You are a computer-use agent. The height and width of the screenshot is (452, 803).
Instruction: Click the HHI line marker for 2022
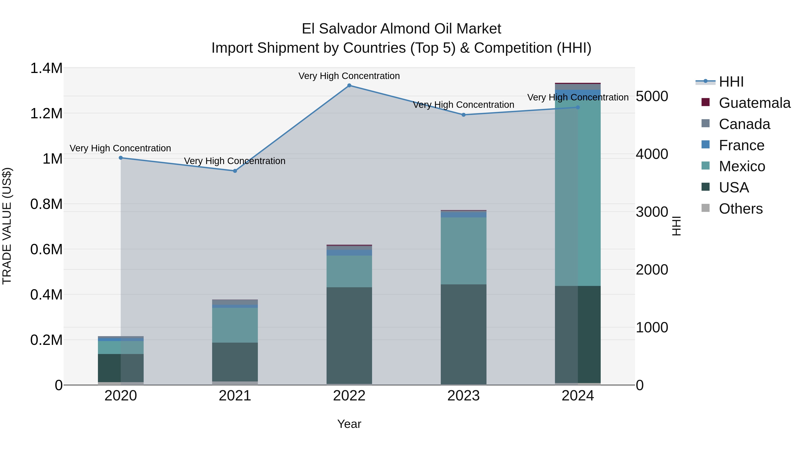click(349, 85)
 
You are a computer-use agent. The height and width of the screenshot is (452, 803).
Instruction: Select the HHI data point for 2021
click(235, 171)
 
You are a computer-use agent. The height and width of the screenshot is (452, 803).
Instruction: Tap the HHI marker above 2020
click(121, 158)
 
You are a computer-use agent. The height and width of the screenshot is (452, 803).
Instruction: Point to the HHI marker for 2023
click(464, 115)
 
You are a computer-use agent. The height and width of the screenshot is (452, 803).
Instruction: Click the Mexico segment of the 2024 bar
click(578, 193)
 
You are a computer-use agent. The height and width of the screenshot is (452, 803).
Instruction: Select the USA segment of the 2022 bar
click(349, 335)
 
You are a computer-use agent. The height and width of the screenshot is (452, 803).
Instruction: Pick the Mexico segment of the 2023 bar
click(464, 251)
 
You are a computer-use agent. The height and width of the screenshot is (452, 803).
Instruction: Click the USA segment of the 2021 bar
click(235, 362)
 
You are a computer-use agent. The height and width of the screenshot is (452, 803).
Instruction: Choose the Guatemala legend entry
click(754, 103)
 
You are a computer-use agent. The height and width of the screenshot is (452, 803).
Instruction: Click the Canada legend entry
click(744, 124)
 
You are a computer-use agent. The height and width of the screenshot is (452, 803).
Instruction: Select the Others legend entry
click(740, 209)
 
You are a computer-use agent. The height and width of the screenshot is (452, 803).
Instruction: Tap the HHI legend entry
click(731, 82)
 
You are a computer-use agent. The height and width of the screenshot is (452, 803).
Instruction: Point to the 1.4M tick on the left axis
click(46, 68)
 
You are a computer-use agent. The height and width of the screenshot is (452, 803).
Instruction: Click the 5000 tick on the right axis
click(652, 96)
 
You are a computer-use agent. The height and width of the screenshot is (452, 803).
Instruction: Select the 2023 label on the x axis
click(464, 396)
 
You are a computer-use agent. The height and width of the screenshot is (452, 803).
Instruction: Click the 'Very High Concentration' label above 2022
click(349, 76)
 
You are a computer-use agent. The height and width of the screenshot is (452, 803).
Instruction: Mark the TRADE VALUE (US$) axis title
click(7, 226)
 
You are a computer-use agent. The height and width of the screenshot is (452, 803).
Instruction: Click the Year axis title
click(349, 424)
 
